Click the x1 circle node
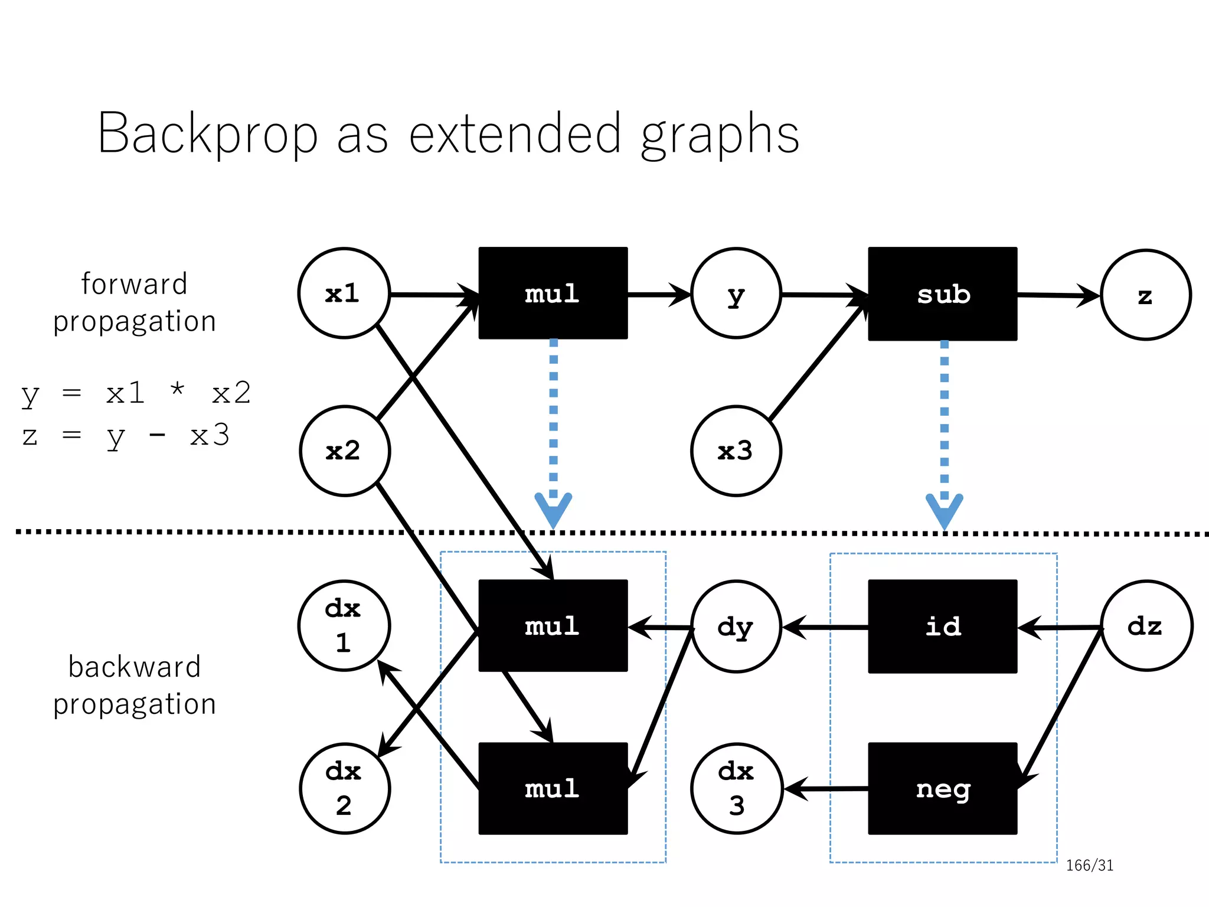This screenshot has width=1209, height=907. click(x=344, y=293)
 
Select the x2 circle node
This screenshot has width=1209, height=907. click(x=345, y=451)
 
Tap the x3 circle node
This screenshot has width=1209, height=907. click(x=736, y=451)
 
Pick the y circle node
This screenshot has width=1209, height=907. click(x=736, y=293)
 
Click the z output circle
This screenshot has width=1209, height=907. click(x=1145, y=295)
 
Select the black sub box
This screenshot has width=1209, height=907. click(x=942, y=294)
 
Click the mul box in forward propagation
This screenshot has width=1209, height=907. click(x=553, y=293)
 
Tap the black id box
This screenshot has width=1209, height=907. click(x=942, y=626)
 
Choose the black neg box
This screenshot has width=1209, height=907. click(x=942, y=788)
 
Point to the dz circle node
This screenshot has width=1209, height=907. click(x=1146, y=626)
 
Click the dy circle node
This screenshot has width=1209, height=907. click(x=736, y=627)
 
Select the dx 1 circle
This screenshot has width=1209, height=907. click(x=344, y=626)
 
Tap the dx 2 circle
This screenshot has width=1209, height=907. click(x=345, y=788)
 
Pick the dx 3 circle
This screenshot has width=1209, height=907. click(x=736, y=788)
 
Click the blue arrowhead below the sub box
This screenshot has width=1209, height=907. click(x=944, y=510)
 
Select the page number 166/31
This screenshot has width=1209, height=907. click(x=1089, y=866)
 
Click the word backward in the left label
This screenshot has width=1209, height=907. click(x=135, y=667)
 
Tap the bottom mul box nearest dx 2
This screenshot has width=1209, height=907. click(x=553, y=788)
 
